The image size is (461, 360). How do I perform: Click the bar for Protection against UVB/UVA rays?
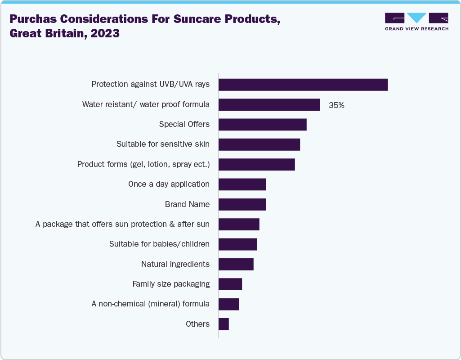[x=303, y=85]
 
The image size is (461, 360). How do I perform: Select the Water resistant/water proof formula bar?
[x=269, y=104]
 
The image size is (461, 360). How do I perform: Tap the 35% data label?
[x=336, y=105]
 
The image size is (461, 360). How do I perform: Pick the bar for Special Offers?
[x=262, y=125]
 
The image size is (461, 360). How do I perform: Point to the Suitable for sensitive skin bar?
[x=259, y=144]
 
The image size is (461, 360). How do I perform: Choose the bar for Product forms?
[x=256, y=164]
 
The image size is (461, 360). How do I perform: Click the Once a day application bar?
[x=242, y=184]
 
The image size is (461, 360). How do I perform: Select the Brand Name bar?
[x=242, y=204]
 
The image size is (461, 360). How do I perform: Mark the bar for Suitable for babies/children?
[x=237, y=244]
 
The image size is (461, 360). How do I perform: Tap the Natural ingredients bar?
[x=236, y=264]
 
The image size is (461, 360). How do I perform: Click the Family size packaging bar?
[x=230, y=284]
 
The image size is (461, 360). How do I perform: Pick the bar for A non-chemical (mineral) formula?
[x=228, y=304]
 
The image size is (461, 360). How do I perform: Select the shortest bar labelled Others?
[x=224, y=324]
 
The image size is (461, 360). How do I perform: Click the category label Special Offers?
[x=184, y=124]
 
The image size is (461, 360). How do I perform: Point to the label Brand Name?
[x=187, y=204]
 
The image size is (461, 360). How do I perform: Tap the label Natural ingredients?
[x=175, y=264]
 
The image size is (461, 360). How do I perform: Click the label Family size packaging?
[x=171, y=284]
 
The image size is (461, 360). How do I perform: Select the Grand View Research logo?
[x=416, y=21]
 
